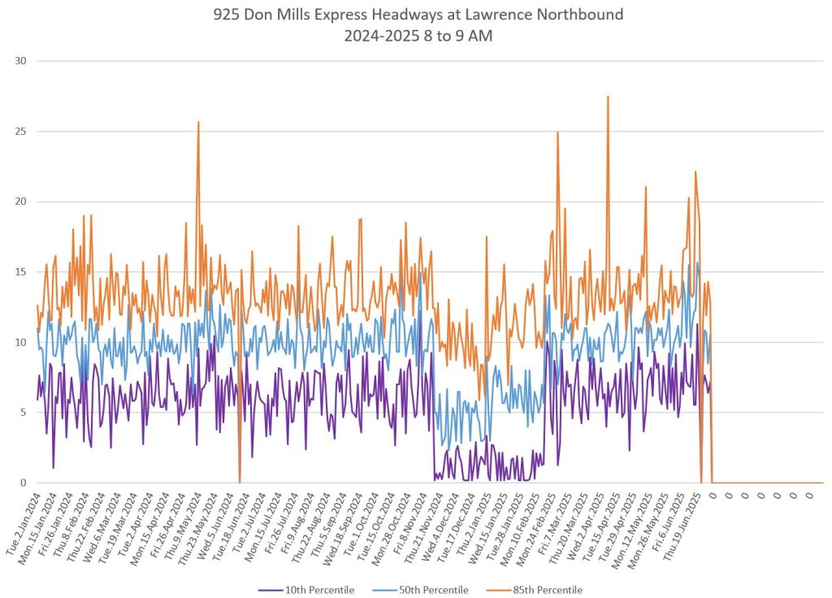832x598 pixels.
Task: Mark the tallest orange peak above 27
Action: point(608,97)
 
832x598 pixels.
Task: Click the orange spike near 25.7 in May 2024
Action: point(198,123)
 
